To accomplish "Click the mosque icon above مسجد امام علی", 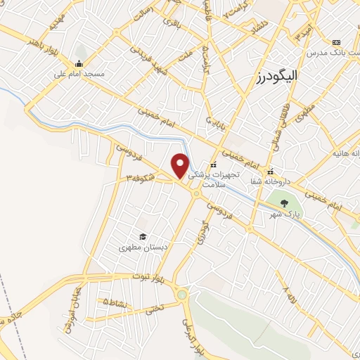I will click(79, 65).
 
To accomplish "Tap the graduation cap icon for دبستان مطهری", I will click(143, 237).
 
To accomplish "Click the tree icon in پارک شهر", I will click(284, 203).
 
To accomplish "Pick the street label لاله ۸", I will click(286, 290).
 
